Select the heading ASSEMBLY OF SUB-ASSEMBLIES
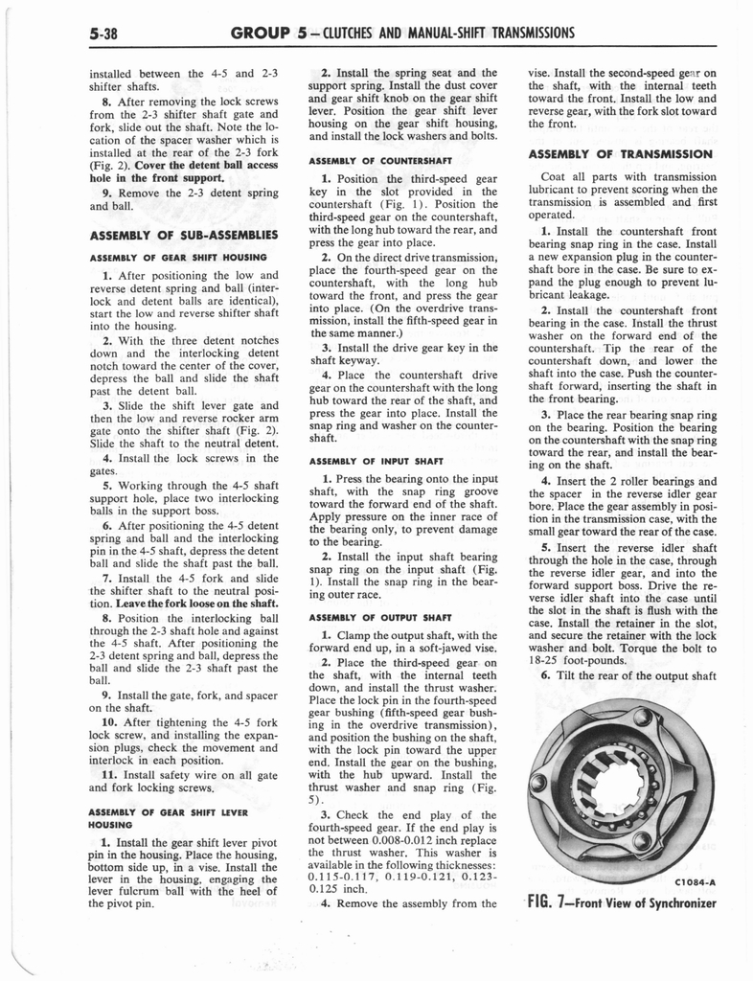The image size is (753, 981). point(183,235)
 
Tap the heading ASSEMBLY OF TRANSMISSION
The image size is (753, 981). point(619,154)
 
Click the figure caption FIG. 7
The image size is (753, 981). point(558,902)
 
